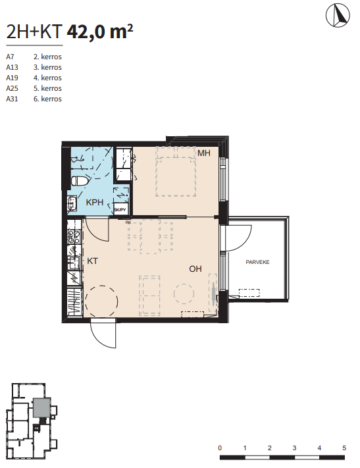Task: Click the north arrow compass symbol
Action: pos(338,15)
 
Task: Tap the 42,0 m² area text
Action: pos(99,31)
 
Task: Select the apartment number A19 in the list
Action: pos(12,78)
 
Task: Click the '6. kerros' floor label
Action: pos(47,99)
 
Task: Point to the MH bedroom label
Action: pos(204,153)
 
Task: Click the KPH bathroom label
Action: pos(94,202)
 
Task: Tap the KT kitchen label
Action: pos(92,261)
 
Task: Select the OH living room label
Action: pos(195,269)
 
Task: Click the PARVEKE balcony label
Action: pos(257,262)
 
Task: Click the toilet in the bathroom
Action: pos(80,181)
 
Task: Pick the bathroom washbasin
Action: pos(72,203)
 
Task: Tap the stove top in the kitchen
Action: pos(74,237)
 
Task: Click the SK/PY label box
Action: pos(120,209)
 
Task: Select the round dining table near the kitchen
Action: pos(101,301)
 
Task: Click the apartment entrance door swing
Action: pos(103,333)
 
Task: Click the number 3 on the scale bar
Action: pos(294,448)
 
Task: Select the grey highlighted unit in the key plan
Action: pos(41,407)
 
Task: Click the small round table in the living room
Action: pos(184,294)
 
